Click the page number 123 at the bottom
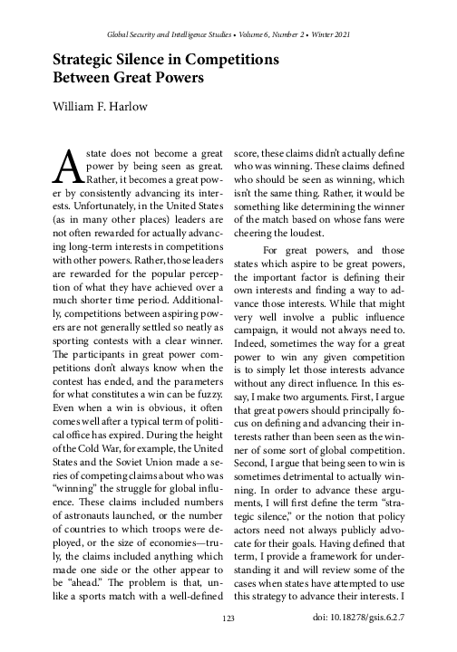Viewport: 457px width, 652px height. (228, 618)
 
